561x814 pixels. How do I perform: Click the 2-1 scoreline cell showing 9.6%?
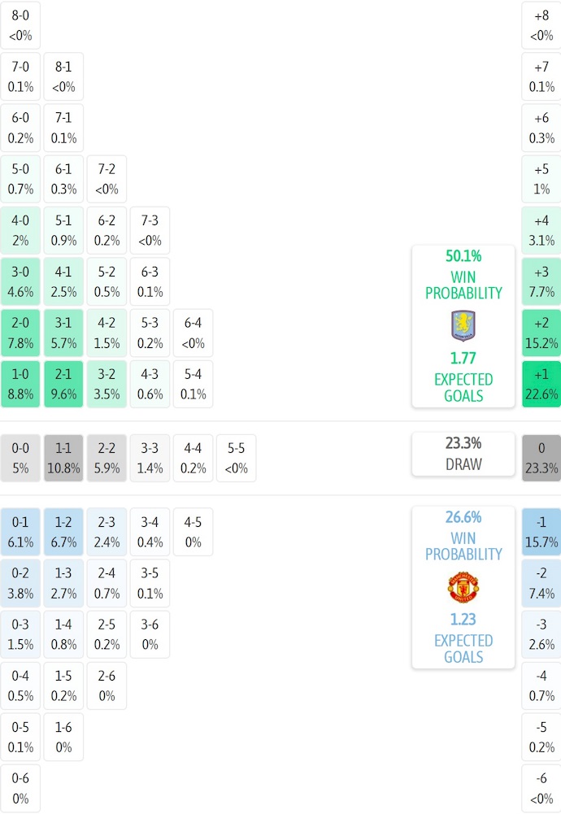click(63, 384)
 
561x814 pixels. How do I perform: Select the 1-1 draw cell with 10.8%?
click(63, 458)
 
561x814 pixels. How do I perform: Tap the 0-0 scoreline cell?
click(20, 458)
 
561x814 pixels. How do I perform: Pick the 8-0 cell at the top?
click(20, 24)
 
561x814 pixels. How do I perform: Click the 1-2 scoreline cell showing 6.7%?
click(63, 532)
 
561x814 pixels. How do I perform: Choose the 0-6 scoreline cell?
click(20, 788)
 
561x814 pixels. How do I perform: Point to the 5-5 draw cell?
click(236, 458)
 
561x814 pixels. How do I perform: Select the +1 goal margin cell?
click(541, 384)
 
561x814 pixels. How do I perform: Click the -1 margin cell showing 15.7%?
click(541, 532)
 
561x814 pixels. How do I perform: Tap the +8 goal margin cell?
click(541, 24)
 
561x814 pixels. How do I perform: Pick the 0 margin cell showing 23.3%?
click(541, 458)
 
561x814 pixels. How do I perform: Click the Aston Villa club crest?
click(463, 325)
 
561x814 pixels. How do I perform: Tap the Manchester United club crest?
click(463, 587)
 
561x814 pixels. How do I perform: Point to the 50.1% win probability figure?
click(463, 256)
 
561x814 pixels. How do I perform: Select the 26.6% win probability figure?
click(463, 517)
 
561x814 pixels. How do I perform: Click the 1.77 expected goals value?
click(463, 359)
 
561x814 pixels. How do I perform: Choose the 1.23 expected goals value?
click(463, 620)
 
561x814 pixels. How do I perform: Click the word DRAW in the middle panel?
click(463, 465)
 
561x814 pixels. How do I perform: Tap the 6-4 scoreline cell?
click(193, 333)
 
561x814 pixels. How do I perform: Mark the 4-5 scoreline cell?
click(193, 532)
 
